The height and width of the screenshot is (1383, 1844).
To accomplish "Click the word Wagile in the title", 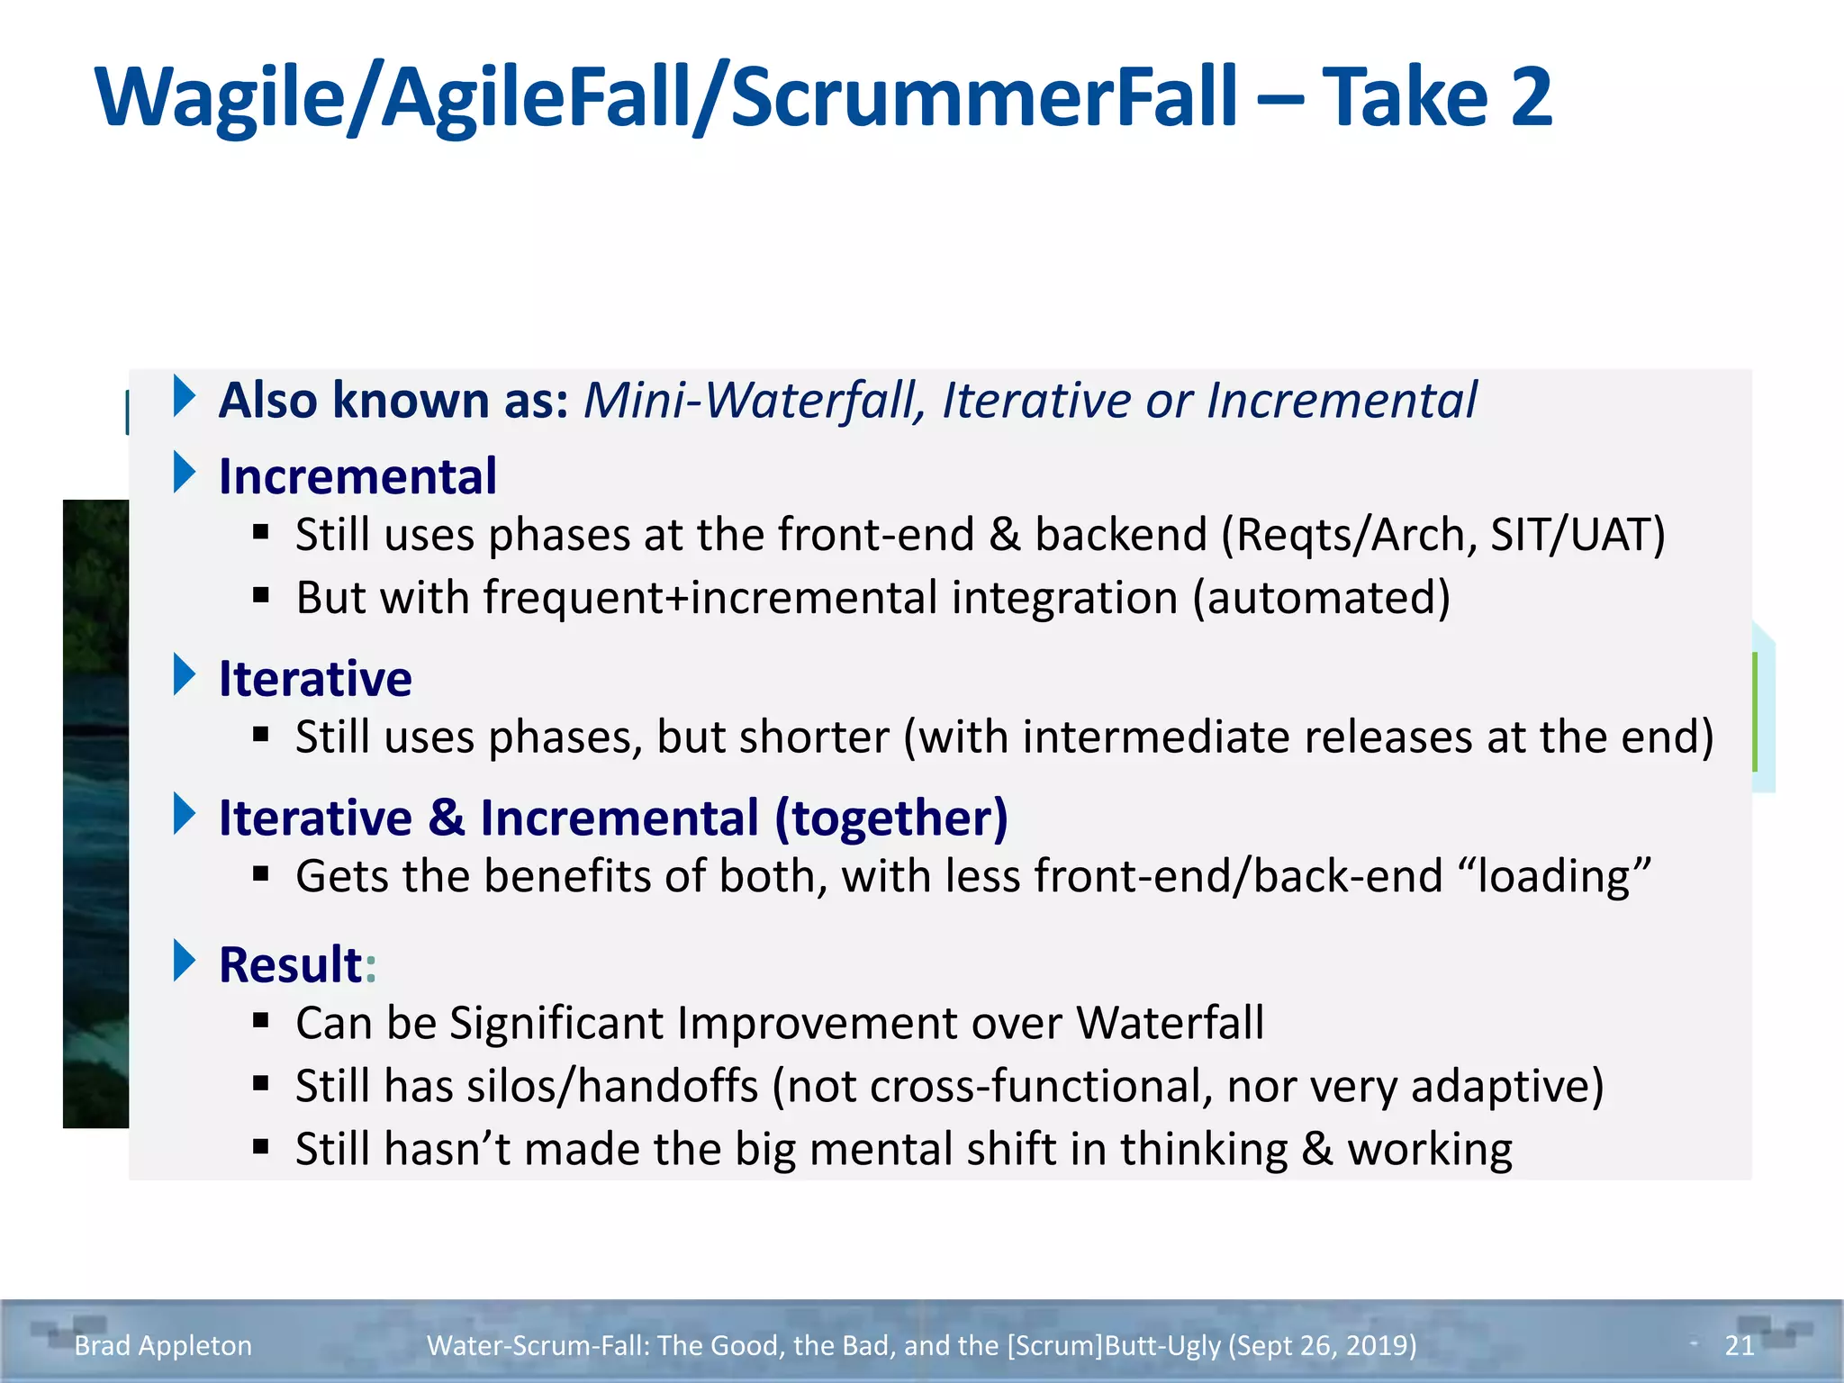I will tap(220, 99).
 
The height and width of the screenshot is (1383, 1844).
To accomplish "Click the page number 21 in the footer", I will tap(1739, 1345).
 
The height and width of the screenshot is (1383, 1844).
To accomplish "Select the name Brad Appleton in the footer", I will tap(163, 1345).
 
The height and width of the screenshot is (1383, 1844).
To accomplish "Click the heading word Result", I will tap(290, 964).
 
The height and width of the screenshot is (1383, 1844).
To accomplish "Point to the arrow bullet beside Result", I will tap(185, 961).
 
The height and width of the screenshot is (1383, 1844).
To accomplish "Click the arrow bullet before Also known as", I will tap(185, 396).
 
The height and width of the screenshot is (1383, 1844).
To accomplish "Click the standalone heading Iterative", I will tap(315, 678).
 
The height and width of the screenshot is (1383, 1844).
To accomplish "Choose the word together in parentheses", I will tap(891, 818).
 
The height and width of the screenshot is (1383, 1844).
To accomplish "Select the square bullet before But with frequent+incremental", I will tap(261, 595).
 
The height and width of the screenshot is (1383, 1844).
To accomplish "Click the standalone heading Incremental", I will tap(357, 476).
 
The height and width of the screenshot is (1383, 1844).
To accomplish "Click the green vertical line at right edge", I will tap(1755, 711).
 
